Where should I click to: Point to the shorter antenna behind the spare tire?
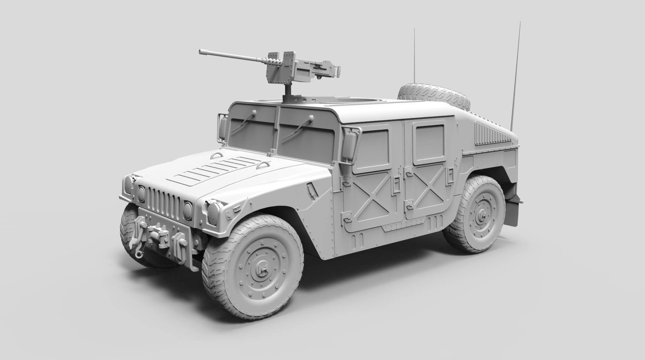pos(414,57)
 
